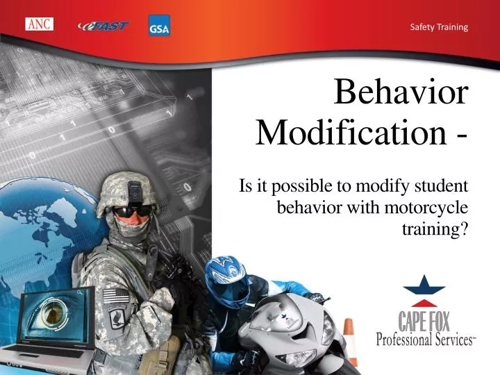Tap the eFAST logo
103,26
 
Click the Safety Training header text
439,27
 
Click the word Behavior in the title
401,93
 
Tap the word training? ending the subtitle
435,228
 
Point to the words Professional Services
425,340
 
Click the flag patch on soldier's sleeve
114,296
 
